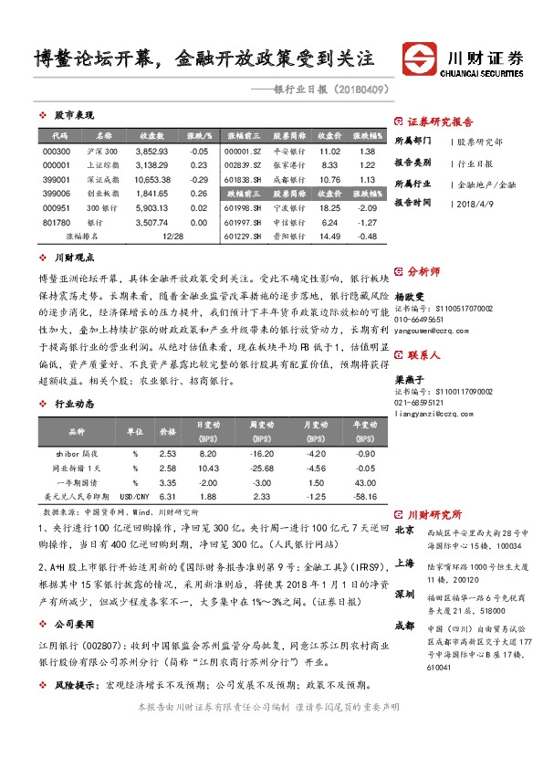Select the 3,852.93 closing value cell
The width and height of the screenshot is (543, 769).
(151, 151)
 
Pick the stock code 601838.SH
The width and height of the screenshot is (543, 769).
(243, 179)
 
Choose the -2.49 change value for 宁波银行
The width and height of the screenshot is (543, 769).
(367, 207)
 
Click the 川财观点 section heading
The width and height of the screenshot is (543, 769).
(74, 258)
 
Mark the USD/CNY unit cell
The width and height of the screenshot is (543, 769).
(135, 496)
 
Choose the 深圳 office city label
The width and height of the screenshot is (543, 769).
(404, 594)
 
